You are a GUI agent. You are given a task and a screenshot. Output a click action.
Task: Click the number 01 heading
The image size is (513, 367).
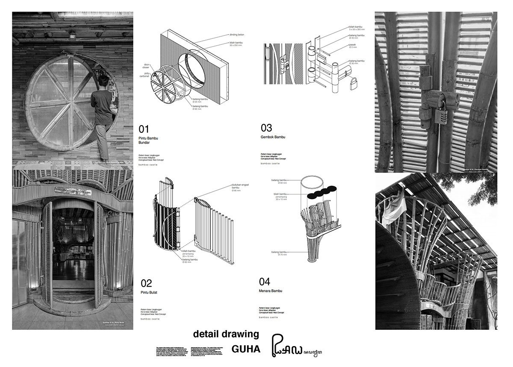pos(144,129)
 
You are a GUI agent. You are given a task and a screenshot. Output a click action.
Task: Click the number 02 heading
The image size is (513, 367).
pos(146,283)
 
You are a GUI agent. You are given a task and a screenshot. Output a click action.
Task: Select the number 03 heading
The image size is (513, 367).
pos(266,128)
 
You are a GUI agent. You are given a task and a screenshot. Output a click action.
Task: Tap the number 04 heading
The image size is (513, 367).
pos(265,282)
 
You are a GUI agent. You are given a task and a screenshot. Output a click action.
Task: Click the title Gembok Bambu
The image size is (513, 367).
pos(273,137)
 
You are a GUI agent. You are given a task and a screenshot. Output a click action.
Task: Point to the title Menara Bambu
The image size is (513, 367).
pos(271,291)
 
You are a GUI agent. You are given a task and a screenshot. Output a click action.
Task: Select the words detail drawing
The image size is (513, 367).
pos(226,334)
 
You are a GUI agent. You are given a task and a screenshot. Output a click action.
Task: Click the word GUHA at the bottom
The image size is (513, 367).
pos(246,349)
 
